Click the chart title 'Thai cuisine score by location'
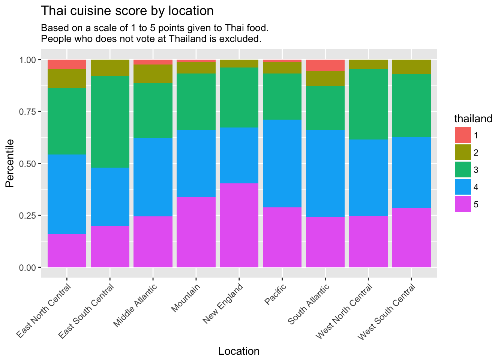point(127,11)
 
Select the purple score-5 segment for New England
point(239,225)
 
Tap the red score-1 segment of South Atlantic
point(325,65)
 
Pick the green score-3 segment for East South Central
point(110,122)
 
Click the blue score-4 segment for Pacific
point(282,163)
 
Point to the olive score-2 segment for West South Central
point(411,67)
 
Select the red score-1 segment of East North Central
point(67,64)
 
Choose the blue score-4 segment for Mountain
point(196,163)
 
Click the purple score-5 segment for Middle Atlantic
point(153,242)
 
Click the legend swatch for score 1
point(463,135)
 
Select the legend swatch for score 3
point(463,170)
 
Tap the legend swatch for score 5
point(463,204)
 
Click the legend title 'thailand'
point(473,119)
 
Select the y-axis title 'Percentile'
point(10,163)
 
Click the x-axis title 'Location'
point(239,351)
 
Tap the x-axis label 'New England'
point(224,304)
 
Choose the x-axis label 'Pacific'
point(276,295)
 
